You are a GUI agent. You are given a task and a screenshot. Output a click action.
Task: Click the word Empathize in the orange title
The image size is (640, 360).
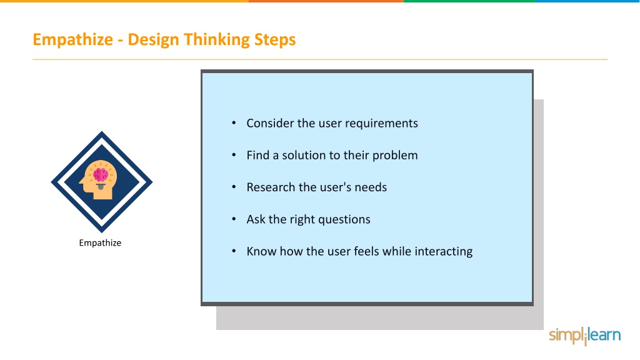[72, 40]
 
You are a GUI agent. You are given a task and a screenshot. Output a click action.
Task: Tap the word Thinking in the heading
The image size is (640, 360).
[216, 40]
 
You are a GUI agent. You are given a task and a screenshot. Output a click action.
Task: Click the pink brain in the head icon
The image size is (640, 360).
[101, 175]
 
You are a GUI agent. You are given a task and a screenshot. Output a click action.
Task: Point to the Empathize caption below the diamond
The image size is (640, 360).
[100, 243]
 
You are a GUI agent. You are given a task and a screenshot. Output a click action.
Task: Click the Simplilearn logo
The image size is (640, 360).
[584, 336]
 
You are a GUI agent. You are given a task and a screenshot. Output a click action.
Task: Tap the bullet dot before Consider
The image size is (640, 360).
[234, 123]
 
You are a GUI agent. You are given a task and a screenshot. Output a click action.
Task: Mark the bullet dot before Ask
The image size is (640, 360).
[234, 219]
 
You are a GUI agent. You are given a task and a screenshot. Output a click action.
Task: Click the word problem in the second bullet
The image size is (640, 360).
[395, 156]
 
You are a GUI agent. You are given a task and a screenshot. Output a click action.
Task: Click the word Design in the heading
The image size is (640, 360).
[153, 40]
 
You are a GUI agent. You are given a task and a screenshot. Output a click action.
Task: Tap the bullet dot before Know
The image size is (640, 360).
[234, 251]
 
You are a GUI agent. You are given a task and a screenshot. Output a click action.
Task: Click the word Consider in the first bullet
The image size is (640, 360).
[270, 123]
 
